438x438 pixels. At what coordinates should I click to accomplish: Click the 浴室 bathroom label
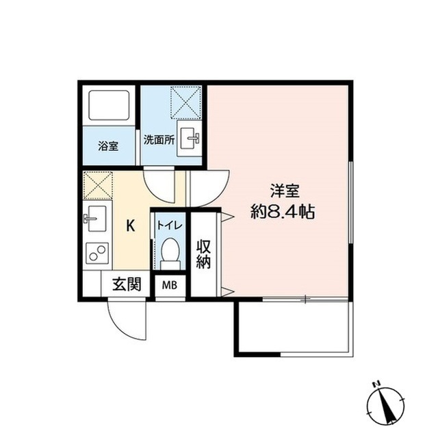point(108,146)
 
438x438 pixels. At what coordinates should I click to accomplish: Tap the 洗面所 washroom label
point(159,139)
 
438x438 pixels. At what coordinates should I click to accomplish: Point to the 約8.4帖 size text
point(282,212)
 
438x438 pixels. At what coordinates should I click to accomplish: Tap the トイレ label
point(168,225)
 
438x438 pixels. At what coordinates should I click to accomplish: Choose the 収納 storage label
point(204,254)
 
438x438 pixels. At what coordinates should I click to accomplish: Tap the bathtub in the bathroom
point(107,108)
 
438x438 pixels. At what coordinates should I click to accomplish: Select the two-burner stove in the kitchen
point(95,256)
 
